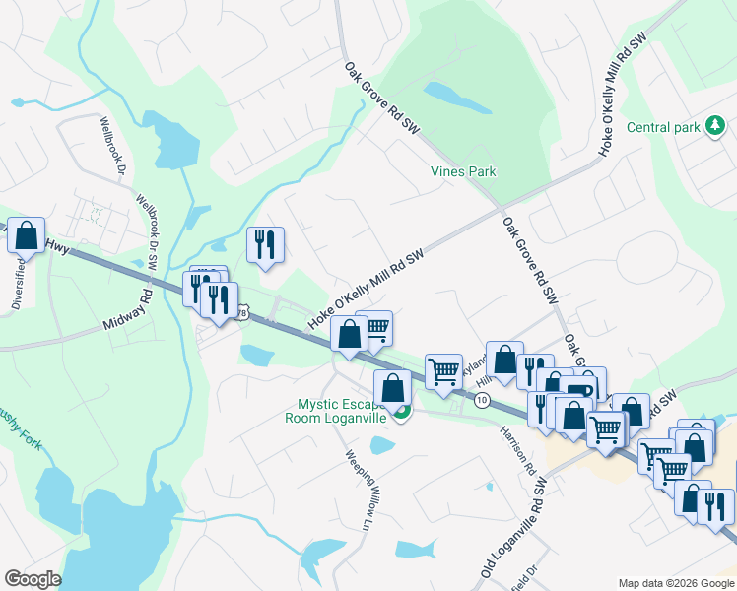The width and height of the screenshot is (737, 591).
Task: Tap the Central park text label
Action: point(663,127)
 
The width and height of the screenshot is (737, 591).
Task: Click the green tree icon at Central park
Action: point(716,126)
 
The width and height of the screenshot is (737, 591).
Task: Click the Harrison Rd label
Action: point(516,445)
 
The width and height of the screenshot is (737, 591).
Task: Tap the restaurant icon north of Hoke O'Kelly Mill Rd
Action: point(264,246)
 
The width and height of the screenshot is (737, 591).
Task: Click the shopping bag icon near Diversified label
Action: point(26,236)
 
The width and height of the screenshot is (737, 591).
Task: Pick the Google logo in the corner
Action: point(33,579)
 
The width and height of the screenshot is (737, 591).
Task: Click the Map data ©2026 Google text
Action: point(675,582)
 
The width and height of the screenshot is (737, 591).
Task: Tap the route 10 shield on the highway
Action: point(482,400)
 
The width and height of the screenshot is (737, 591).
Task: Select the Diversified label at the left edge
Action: point(18,286)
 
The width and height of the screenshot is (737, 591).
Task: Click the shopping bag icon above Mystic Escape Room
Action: point(392,387)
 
